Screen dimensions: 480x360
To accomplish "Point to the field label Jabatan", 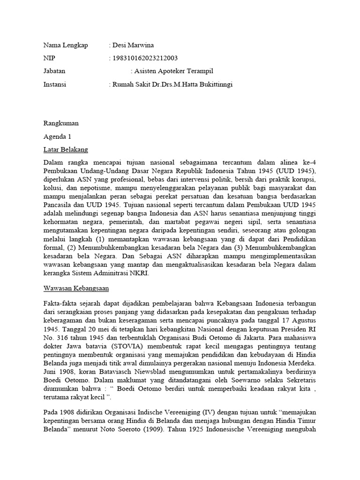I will click(54, 71).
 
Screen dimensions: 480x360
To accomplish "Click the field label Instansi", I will click(55, 84).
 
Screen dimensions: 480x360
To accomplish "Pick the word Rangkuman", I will click(61, 124).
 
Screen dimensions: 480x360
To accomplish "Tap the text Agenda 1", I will click(57, 137).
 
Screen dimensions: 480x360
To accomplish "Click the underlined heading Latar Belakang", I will click(66, 150).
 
